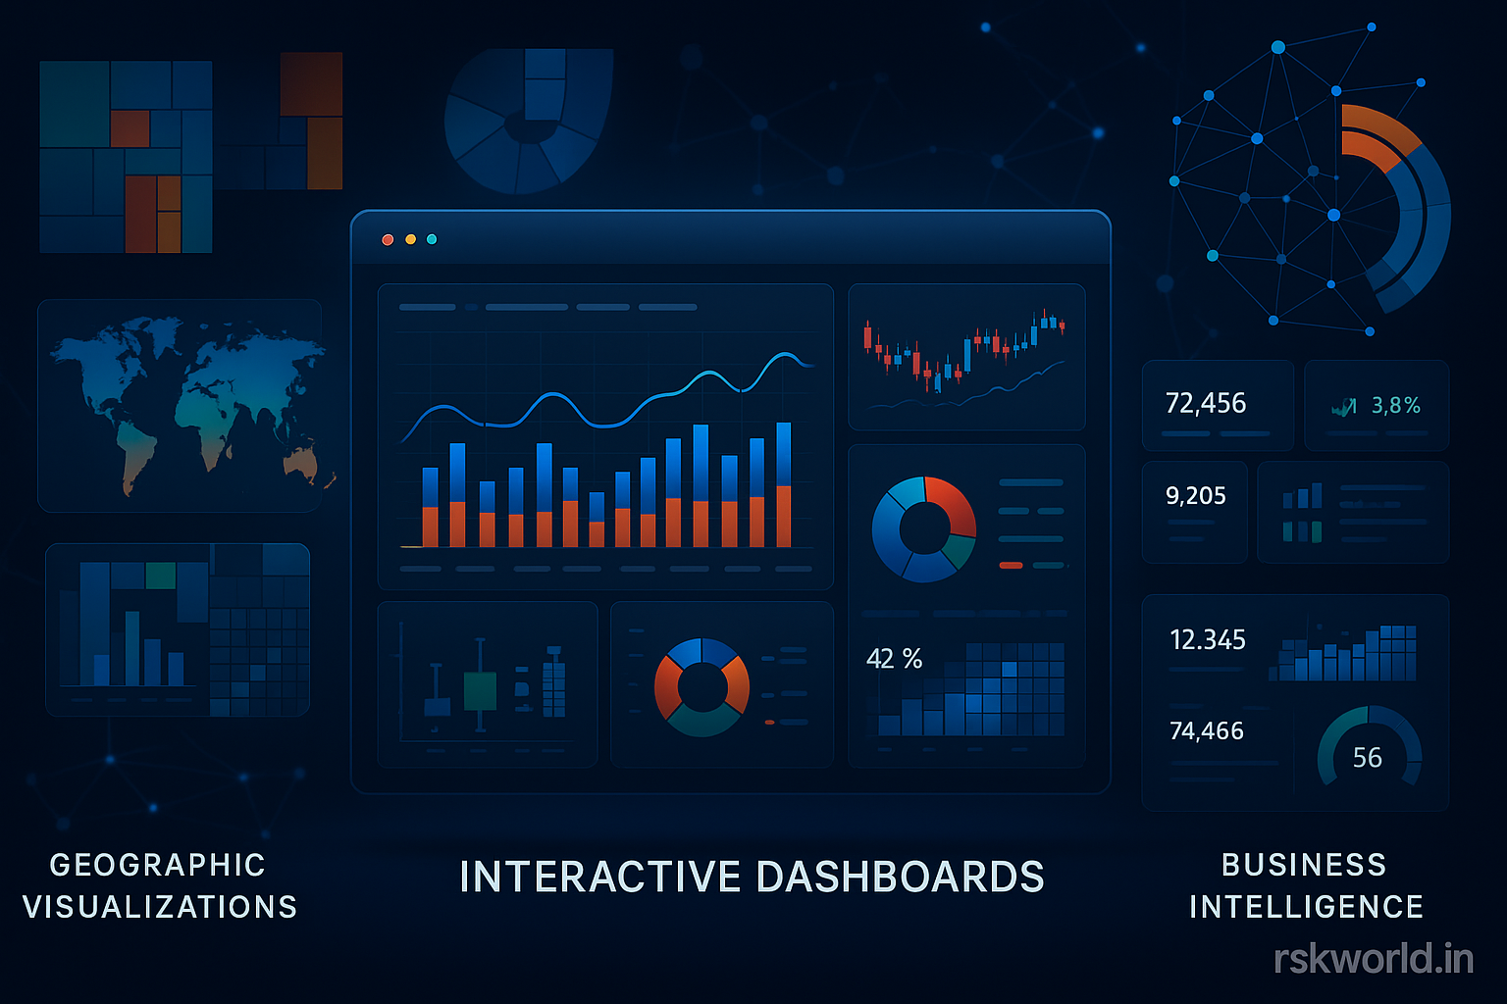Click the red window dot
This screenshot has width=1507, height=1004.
click(x=388, y=239)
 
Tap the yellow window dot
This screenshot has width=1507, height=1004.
click(x=410, y=239)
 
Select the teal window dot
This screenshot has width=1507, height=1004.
click(x=432, y=239)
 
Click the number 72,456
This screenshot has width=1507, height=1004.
click(x=1205, y=403)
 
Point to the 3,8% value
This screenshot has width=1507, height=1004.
click(x=1395, y=405)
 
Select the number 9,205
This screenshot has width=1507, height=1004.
click(x=1195, y=496)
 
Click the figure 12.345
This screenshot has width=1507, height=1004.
click(x=1207, y=640)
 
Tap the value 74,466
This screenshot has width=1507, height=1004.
click(x=1206, y=731)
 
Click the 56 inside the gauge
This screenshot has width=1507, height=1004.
click(x=1367, y=758)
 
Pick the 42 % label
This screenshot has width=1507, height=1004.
click(x=894, y=659)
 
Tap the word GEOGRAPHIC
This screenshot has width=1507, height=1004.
click(x=158, y=865)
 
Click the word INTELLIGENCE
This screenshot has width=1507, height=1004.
click(x=1306, y=907)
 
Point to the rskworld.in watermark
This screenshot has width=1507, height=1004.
click(x=1373, y=959)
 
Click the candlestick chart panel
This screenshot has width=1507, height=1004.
click(x=966, y=357)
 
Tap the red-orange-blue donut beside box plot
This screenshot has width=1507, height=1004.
click(x=702, y=686)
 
